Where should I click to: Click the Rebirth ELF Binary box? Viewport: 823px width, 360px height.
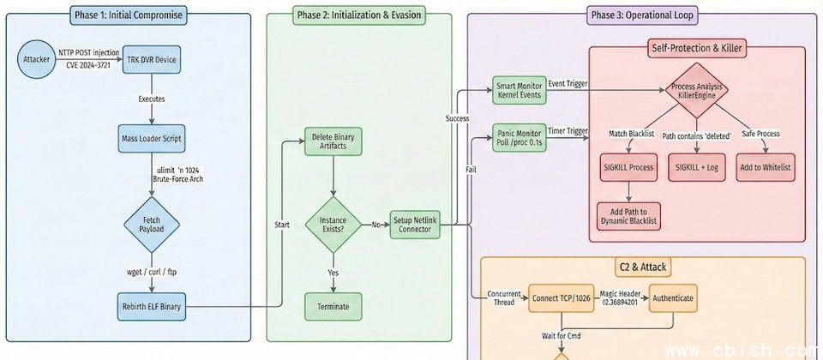[152, 306]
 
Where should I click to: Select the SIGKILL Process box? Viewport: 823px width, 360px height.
[629, 167]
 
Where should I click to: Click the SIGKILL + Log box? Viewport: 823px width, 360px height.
[696, 167]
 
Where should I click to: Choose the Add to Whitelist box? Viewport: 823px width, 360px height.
[765, 167]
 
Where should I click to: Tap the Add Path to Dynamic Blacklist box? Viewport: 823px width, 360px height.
[629, 215]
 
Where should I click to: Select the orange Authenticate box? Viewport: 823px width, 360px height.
[672, 298]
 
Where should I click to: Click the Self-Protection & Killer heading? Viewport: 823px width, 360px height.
[695, 48]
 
